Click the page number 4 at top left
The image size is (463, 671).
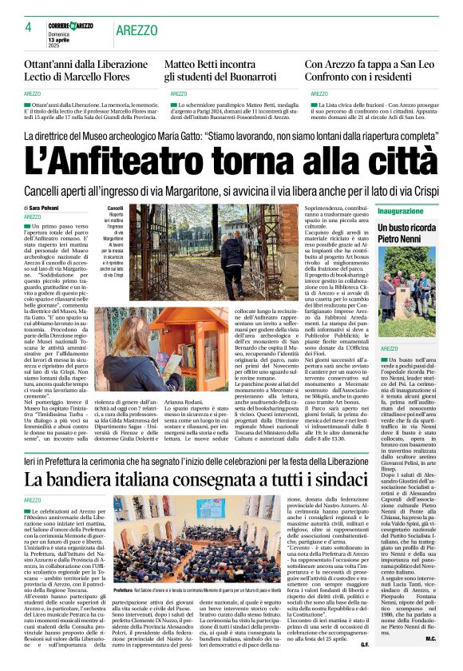point(28,27)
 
